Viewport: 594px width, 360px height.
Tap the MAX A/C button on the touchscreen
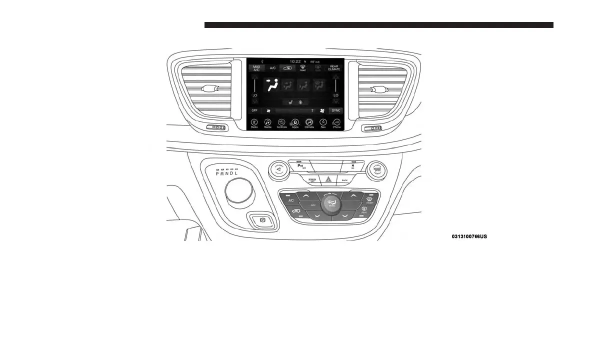point(256,68)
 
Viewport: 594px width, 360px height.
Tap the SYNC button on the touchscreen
point(335,110)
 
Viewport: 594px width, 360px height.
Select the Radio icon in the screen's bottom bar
point(254,123)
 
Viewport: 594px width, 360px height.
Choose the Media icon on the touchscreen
point(267,123)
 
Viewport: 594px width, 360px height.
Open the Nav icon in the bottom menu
point(323,123)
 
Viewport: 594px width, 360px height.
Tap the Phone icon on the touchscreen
point(337,123)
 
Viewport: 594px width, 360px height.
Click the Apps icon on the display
point(295,123)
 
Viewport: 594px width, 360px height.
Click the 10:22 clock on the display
point(295,61)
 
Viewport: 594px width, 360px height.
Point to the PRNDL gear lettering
point(227,174)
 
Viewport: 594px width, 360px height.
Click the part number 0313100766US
point(468,236)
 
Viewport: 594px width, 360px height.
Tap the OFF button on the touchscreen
point(254,110)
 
